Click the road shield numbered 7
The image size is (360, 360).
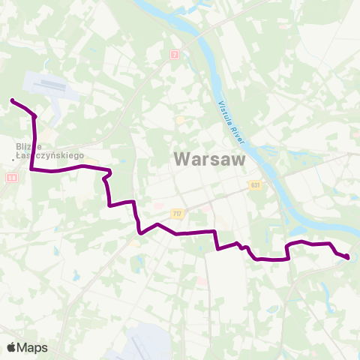point(175,55)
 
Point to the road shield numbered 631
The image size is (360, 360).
point(256,184)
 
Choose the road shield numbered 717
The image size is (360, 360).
point(177,214)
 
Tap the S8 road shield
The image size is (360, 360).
point(11,178)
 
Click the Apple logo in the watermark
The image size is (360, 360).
point(11,347)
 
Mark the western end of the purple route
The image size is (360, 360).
point(12,100)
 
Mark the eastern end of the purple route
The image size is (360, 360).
point(348,258)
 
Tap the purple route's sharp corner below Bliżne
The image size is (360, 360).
point(31,169)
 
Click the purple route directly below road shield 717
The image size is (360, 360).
point(177,233)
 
